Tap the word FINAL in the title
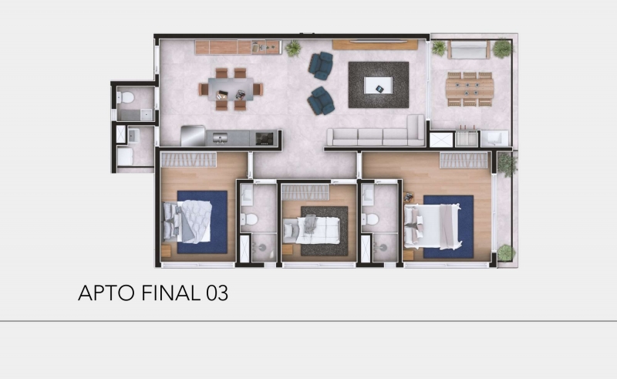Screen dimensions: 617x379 170,293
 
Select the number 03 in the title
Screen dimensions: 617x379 217,293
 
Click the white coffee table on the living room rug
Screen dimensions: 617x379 378,85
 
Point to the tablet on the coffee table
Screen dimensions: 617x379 379,89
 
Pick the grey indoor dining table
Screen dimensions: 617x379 231,89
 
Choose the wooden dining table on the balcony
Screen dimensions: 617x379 470,89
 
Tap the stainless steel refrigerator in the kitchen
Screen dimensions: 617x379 193,136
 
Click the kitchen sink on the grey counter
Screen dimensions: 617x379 220,138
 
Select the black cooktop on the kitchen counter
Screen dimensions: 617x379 265,138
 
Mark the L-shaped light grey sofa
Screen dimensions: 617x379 376,131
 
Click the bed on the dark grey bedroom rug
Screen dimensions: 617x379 312,230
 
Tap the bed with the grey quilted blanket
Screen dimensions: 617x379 187,222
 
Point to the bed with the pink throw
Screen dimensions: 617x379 433,226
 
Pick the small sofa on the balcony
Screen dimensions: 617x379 468,49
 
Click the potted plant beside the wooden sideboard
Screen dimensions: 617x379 293,49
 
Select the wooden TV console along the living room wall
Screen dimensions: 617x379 375,45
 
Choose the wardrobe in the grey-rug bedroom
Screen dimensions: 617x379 305,192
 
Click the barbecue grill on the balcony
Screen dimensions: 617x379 467,138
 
